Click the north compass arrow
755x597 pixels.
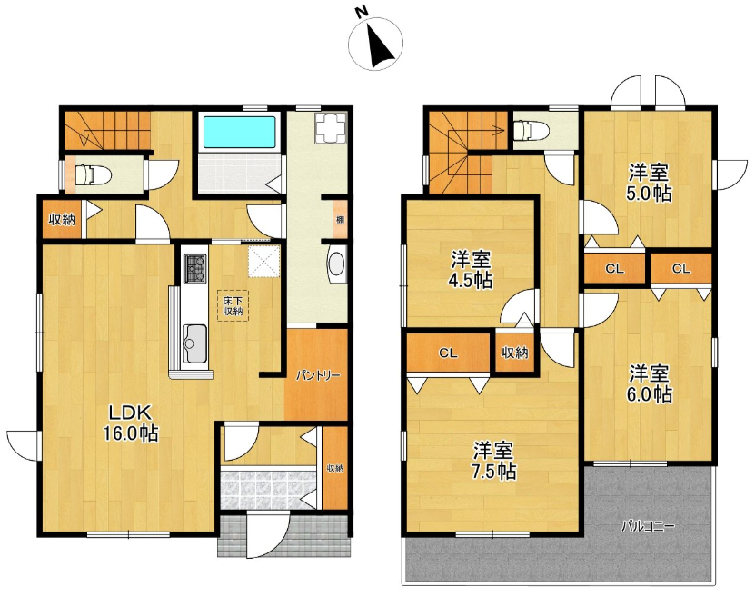pyautogui.click(x=381, y=45)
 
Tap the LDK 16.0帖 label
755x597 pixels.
pyautogui.click(x=131, y=423)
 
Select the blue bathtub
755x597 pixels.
pyautogui.click(x=239, y=132)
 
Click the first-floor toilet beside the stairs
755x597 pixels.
pyautogui.click(x=90, y=174)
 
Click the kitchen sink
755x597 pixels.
pyautogui.click(x=194, y=344)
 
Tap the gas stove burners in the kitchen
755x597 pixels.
pyautogui.click(x=194, y=267)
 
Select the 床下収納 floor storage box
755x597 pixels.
pyautogui.click(x=233, y=305)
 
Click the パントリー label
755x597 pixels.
pyautogui.click(x=318, y=375)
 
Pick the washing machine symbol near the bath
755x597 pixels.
pyautogui.click(x=331, y=127)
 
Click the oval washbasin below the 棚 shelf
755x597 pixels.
pyautogui.click(x=336, y=264)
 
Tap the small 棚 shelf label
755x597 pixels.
pyautogui.click(x=341, y=219)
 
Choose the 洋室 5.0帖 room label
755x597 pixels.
pyautogui.click(x=649, y=183)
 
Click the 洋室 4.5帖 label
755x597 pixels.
pyautogui.click(x=471, y=269)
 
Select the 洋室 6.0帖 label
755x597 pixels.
pyautogui.click(x=650, y=383)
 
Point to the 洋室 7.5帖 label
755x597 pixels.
pyautogui.click(x=494, y=461)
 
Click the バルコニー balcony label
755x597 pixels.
pyautogui.click(x=648, y=526)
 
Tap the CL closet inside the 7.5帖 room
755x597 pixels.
pyautogui.click(x=448, y=353)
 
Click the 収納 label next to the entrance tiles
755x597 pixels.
pyautogui.click(x=334, y=467)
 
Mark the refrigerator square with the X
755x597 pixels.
pyautogui.click(x=263, y=262)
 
